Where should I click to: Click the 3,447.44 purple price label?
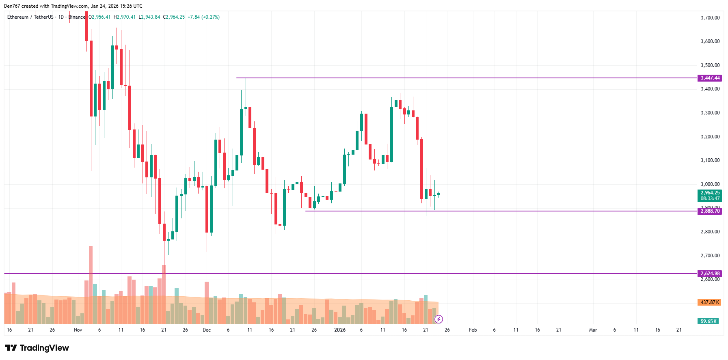[x=709, y=78]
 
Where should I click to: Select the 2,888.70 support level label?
[x=709, y=211]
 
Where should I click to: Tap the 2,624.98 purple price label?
[x=709, y=274]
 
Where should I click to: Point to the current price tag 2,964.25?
[x=709, y=193]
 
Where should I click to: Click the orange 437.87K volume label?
[x=709, y=302]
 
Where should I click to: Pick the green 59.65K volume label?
[x=708, y=321]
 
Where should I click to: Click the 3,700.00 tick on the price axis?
[x=710, y=18]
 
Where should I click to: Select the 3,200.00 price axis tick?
[x=710, y=137]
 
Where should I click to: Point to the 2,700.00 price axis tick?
[x=710, y=256]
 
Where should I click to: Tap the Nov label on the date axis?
[x=78, y=330]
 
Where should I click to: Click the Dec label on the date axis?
[x=207, y=330]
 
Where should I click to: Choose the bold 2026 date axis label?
[x=340, y=330]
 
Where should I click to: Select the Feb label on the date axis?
[x=473, y=330]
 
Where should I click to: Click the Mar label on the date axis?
[x=593, y=330]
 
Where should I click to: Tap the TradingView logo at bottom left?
[x=37, y=348]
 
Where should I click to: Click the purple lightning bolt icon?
[x=439, y=319]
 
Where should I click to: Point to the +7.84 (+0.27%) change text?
[x=203, y=17]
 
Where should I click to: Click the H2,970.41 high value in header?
[x=125, y=17]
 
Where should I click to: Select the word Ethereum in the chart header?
[x=18, y=17]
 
